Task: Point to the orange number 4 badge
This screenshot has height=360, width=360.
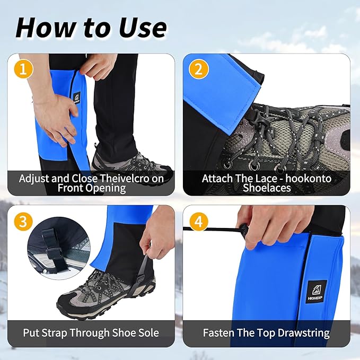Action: pos(198,222)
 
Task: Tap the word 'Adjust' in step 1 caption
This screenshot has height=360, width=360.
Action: pos(34,178)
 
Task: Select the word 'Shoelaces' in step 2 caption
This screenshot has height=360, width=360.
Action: pos(267,188)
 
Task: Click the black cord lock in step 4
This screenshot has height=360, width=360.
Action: pos(244,230)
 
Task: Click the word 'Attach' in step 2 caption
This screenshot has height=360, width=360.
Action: pos(218,178)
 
